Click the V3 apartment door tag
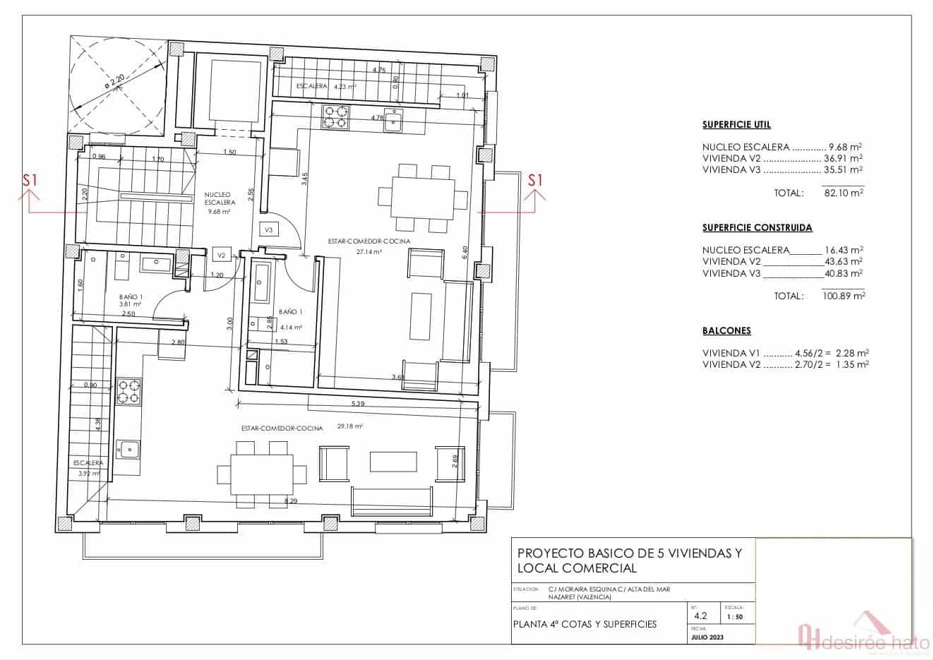269,230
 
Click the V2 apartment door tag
221,255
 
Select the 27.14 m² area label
370,251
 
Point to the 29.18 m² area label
350,426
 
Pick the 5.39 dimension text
358,404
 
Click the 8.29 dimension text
290,500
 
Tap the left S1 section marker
30,181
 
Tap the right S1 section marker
536,180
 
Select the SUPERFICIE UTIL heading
736,125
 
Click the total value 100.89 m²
844,296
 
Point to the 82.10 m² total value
844,193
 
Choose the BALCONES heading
726,330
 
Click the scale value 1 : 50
735,617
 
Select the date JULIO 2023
709,637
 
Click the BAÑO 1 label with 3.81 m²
131,301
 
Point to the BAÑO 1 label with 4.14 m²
290,318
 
